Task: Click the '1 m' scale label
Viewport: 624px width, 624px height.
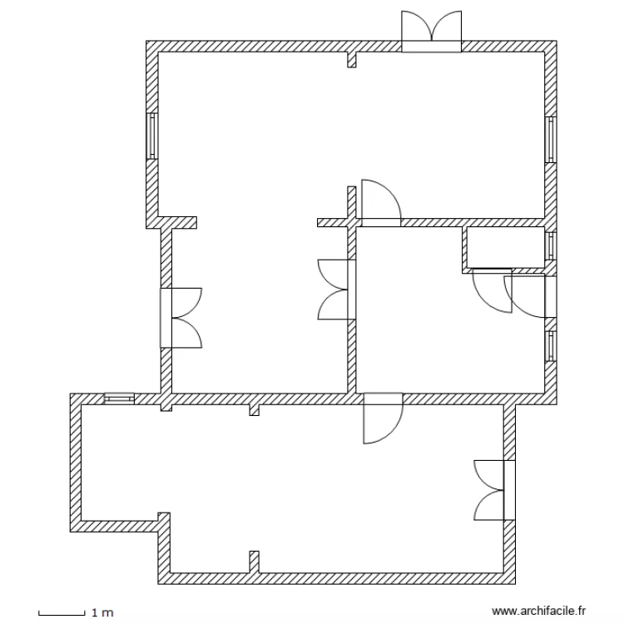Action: [102, 613]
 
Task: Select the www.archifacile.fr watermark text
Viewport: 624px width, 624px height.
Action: [539, 612]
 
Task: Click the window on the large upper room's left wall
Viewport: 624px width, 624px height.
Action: [151, 136]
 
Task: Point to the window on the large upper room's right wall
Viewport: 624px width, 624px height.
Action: [550, 139]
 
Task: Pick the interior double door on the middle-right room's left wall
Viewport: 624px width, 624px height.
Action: [337, 289]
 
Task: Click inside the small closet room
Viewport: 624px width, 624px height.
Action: [504, 247]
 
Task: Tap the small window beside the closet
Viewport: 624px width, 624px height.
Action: [550, 246]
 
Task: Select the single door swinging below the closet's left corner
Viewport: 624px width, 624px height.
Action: [491, 290]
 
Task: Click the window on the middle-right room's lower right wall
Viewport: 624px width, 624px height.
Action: [550, 346]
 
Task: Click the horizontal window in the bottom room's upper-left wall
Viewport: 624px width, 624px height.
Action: [119, 399]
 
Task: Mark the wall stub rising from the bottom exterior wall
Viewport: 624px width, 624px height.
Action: [255, 562]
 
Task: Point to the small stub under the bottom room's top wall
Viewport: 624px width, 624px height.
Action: [255, 409]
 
